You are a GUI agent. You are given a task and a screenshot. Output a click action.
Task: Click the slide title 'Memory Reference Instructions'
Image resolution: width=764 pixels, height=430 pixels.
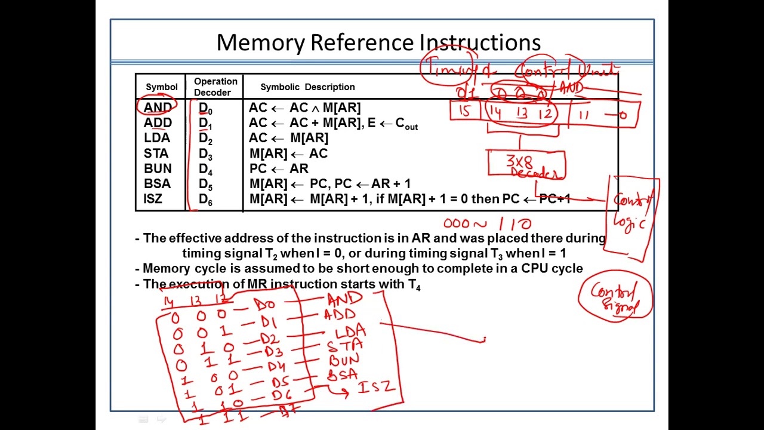(x=378, y=42)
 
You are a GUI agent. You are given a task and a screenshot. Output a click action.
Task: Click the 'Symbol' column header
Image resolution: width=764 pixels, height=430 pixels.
(x=161, y=87)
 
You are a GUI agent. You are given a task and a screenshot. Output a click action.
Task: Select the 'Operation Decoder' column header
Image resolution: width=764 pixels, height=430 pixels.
(x=215, y=87)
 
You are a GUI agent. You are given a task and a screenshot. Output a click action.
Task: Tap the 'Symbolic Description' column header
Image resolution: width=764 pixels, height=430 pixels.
(x=307, y=87)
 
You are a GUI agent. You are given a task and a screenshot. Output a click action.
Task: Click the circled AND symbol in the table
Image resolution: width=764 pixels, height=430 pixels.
(x=158, y=107)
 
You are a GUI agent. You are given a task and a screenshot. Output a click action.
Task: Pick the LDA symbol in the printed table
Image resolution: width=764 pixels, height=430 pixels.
(x=157, y=138)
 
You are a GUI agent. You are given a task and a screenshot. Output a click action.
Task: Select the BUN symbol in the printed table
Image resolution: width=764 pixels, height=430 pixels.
(x=158, y=169)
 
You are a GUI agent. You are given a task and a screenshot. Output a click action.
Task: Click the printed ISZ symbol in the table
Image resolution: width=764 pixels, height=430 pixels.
(x=153, y=199)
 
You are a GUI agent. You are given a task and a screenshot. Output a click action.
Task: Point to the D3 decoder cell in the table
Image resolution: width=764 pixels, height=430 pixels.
(x=205, y=154)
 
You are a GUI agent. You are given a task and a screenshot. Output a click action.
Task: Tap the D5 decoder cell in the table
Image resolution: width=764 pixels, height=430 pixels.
(x=205, y=185)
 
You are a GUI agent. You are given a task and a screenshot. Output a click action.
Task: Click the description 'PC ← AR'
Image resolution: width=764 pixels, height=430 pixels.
(x=279, y=169)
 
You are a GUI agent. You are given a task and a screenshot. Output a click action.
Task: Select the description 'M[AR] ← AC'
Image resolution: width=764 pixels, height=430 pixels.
(x=288, y=154)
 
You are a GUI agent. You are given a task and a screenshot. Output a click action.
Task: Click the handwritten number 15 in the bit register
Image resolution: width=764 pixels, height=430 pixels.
(x=465, y=112)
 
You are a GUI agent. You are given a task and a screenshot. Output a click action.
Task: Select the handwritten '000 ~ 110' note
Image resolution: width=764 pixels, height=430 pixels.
(x=487, y=224)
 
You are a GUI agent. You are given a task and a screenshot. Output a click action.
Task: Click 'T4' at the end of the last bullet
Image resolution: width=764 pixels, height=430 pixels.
(x=414, y=284)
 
